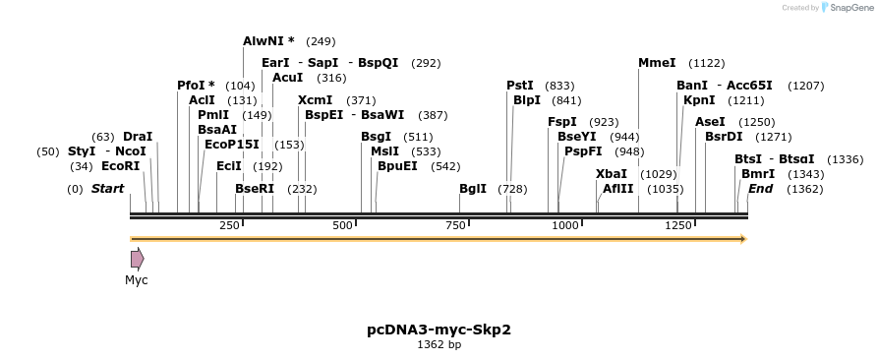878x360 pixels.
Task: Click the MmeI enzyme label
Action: pyautogui.click(x=657, y=63)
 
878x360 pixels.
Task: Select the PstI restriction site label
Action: pyautogui.click(x=520, y=86)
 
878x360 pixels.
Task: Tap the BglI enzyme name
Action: pyautogui.click(x=473, y=189)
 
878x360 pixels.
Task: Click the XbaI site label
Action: pyautogui.click(x=611, y=174)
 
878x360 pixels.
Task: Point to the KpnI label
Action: pyautogui.click(x=699, y=100)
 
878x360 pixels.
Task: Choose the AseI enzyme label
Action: pyautogui.click(x=710, y=122)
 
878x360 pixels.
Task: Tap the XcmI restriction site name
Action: pyautogui.click(x=315, y=100)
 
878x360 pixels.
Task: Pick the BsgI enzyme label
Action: pyautogui.click(x=376, y=137)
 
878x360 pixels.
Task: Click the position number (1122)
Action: pyautogui.click(x=706, y=63)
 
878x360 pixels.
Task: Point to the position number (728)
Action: pyautogui.click(x=512, y=189)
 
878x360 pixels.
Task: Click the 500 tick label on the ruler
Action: pyautogui.click(x=342, y=226)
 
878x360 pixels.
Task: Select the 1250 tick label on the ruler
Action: pyautogui.click(x=678, y=226)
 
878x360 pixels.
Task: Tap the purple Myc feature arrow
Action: pyautogui.click(x=137, y=259)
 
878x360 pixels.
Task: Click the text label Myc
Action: pyautogui.click(x=137, y=280)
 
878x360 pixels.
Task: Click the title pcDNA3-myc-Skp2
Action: pyautogui.click(x=439, y=330)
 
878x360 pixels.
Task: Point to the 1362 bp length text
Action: pyautogui.click(x=439, y=345)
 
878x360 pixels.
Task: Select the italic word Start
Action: pyautogui.click(x=107, y=189)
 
